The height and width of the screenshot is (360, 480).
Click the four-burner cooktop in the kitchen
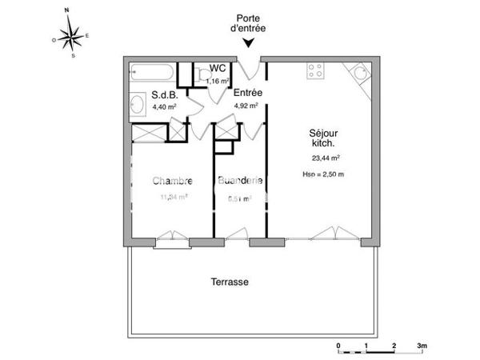click(314, 72)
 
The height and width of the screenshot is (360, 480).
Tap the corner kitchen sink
click(358, 74)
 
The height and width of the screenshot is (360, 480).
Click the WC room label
click(217, 69)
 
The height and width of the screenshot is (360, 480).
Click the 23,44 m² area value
click(326, 158)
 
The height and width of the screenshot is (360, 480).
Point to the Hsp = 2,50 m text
click(324, 174)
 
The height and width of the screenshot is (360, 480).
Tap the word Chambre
click(172, 181)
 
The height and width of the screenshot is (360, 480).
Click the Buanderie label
click(240, 181)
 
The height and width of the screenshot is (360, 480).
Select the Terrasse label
click(230, 282)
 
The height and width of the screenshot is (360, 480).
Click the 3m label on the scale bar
click(422, 344)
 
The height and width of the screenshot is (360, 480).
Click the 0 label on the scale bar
click(338, 344)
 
